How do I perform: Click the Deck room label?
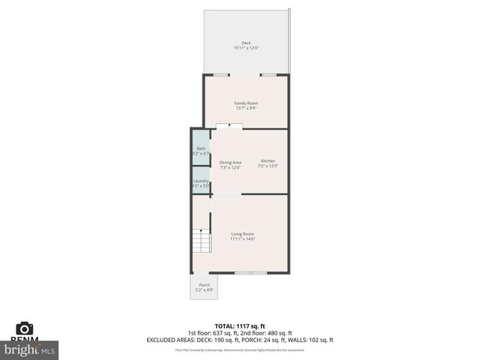[246, 43]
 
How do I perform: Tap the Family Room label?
[246, 103]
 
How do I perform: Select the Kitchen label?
[268, 161]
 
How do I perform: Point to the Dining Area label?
[230, 162]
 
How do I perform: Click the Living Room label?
[242, 234]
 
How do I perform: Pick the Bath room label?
[200, 148]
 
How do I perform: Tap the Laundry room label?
[200, 181]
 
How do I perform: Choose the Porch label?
[204, 285]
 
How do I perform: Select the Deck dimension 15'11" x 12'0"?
[246, 48]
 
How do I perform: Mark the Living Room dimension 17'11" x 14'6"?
[242, 239]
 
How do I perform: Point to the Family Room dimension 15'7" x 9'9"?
[246, 108]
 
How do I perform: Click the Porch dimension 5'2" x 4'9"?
[204, 290]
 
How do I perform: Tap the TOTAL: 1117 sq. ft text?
[240, 325]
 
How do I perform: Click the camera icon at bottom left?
[25, 328]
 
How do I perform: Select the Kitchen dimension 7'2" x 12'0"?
[268, 166]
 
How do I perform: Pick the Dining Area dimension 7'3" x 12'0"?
[230, 167]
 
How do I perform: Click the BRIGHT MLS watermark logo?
[30, 349]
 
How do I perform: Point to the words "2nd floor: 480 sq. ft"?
[268, 333]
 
